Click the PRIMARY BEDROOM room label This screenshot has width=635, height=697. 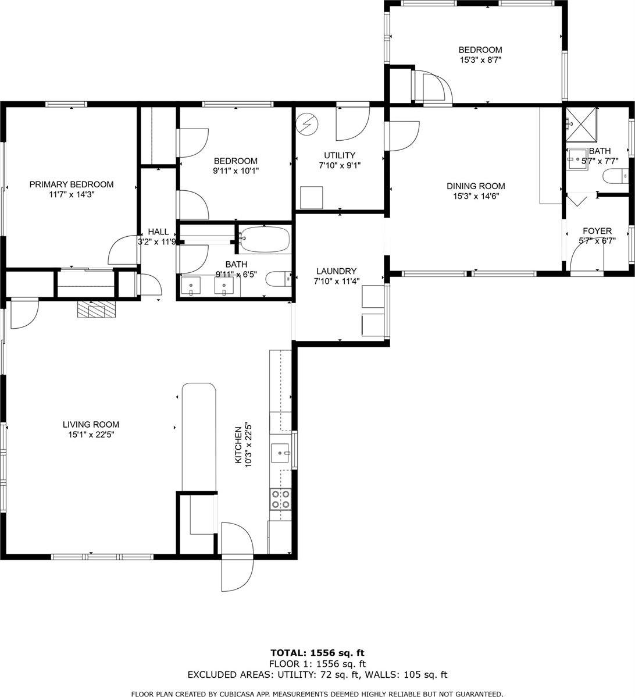tap(72, 184)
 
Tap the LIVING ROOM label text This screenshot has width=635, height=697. tap(91, 425)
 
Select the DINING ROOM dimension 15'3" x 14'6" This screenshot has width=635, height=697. tap(476, 196)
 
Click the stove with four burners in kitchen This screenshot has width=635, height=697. tap(281, 499)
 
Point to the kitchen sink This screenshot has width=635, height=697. tap(281, 451)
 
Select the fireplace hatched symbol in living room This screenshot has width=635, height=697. tap(96, 310)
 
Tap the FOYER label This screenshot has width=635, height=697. tap(597, 231)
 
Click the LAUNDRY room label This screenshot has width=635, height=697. tap(336, 271)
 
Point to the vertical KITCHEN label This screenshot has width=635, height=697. tap(238, 445)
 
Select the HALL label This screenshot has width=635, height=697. tap(158, 232)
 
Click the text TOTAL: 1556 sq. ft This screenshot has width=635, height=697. tap(317, 653)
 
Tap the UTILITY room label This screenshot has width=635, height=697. tap(340, 155)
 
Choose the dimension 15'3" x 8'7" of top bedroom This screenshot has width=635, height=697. tap(480, 59)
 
